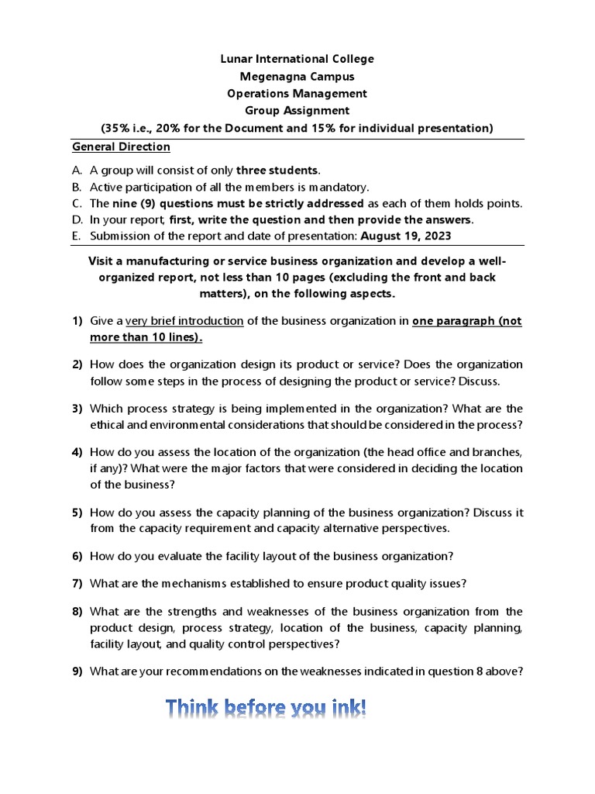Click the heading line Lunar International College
tap(297, 59)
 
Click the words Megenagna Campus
tap(297, 76)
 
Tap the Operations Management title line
tap(297, 93)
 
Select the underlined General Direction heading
tap(121, 147)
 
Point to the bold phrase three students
tap(277, 171)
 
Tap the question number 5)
tap(77, 513)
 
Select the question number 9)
tap(77, 671)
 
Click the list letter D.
tap(77, 219)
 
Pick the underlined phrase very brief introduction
tap(184, 321)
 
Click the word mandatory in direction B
tap(339, 187)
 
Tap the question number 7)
tap(77, 583)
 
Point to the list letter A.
tap(77, 171)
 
